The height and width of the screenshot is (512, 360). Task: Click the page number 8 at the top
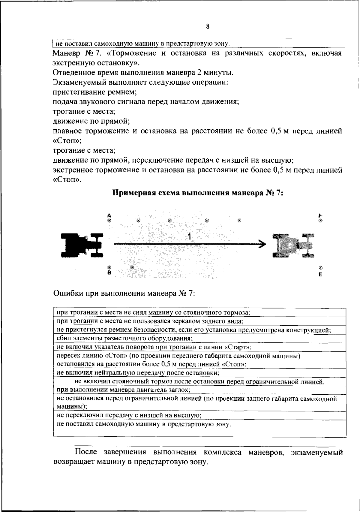[x=208, y=26]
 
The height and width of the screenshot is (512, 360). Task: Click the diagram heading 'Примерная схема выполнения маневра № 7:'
[x=198, y=193]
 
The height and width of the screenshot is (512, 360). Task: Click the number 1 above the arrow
[x=189, y=237]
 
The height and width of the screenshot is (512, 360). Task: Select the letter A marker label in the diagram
[x=109, y=215]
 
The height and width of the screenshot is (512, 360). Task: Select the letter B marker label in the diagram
[x=109, y=273]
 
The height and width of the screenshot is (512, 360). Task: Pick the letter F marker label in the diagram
[x=320, y=215]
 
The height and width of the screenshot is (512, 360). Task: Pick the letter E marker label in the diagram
[x=320, y=274]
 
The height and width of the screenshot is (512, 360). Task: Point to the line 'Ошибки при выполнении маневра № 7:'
[x=124, y=293]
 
